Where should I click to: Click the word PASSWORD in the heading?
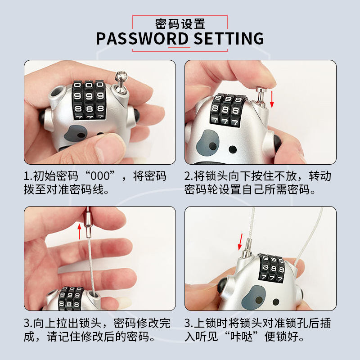(142, 38)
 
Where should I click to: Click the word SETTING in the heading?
(229, 38)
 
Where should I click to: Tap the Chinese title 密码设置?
(180, 24)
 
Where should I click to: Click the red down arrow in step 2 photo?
(272, 99)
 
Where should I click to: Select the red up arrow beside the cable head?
(80, 231)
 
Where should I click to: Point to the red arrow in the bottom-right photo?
(240, 242)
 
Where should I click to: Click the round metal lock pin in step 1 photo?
(121, 81)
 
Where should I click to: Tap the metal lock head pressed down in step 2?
(261, 97)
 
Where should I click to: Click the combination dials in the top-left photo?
(89, 100)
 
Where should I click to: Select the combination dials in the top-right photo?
(227, 110)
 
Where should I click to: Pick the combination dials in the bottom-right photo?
(272, 268)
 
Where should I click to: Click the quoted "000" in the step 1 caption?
(100, 176)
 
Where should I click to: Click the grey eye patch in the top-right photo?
(207, 143)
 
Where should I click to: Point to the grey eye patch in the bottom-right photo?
(254, 297)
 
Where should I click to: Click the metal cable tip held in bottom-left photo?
(88, 222)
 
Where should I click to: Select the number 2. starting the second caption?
(189, 176)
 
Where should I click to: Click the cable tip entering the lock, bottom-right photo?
(247, 248)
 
